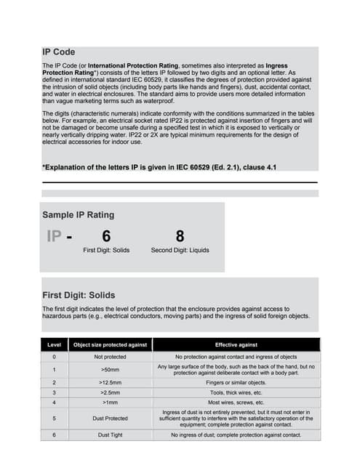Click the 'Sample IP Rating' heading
click(x=78, y=215)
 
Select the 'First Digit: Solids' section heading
click(x=79, y=295)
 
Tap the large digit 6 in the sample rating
click(x=106, y=236)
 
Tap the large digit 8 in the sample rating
click(x=180, y=236)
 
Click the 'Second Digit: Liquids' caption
click(x=180, y=251)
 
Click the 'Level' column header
click(x=54, y=344)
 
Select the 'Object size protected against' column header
click(x=111, y=344)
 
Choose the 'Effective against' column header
click(x=236, y=344)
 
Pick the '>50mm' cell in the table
click(x=111, y=370)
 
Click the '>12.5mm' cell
click(x=111, y=382)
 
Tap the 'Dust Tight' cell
click(x=111, y=434)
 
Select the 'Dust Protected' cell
click(x=111, y=418)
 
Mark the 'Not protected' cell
click(x=111, y=357)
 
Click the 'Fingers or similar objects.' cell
click(x=236, y=382)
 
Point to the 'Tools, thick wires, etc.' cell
click(x=236, y=392)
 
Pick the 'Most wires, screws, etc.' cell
click(x=236, y=402)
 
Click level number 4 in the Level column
click(x=54, y=402)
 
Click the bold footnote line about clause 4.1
click(x=159, y=168)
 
